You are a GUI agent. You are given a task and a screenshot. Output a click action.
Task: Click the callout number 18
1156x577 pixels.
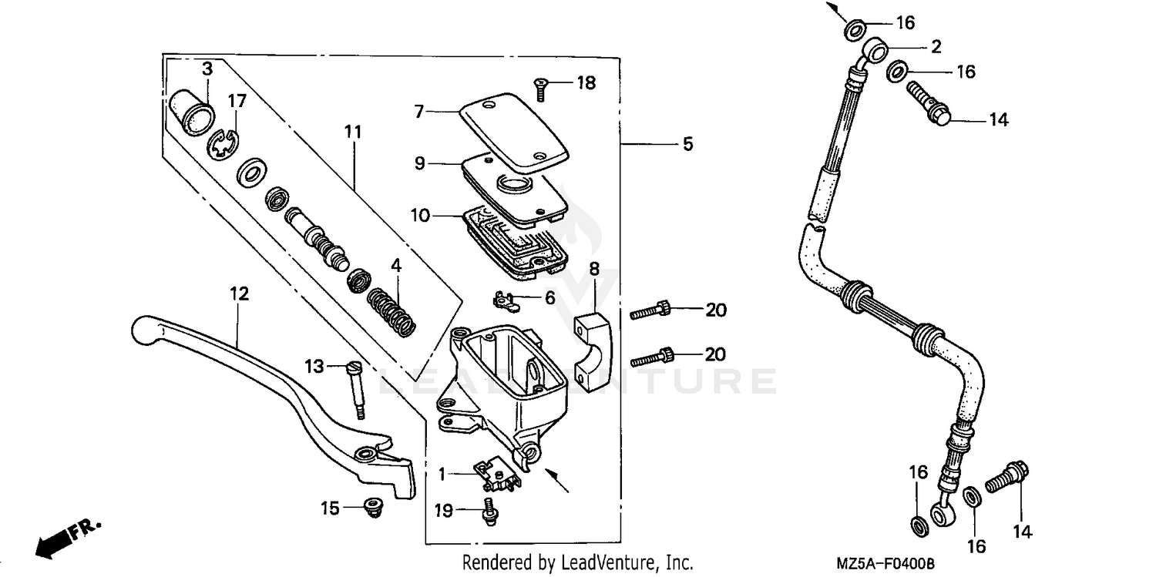pos(586,83)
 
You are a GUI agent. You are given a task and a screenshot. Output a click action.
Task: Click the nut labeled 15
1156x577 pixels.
pos(373,508)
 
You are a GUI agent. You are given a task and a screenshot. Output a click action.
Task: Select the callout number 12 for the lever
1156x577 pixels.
pos(239,294)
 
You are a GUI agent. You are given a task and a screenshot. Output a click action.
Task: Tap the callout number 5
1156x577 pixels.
pos(687,144)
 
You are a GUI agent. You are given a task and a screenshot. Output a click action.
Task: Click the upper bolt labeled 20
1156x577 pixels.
pos(652,311)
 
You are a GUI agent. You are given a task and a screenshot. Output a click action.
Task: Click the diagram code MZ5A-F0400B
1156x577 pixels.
pos(885,564)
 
